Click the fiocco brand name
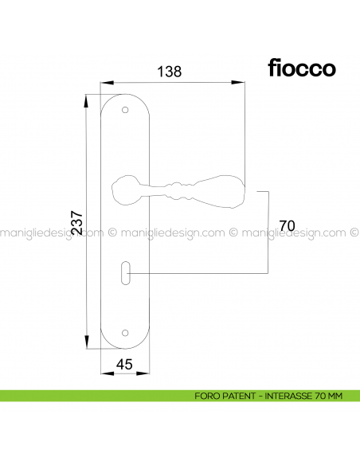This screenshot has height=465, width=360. (296, 68)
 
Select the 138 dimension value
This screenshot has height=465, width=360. (170, 71)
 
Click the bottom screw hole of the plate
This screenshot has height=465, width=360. (124, 333)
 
